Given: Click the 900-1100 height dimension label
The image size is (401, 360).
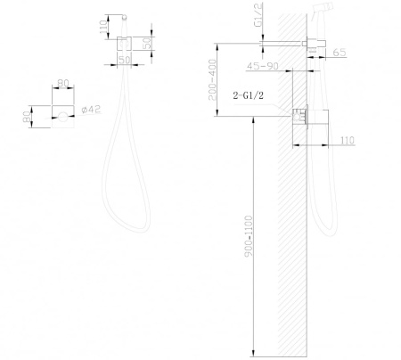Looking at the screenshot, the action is pos(249,236).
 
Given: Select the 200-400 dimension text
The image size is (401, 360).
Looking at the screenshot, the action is pos(213,79).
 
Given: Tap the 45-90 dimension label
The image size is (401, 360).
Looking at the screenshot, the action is pos(262,66).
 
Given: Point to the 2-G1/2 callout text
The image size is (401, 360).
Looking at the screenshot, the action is pos(248,95).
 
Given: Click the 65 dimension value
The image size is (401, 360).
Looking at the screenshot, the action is pos(340,53).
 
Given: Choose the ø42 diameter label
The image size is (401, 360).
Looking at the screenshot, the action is pos(92,110).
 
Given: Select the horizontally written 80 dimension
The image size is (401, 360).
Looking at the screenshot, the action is pos(63,83).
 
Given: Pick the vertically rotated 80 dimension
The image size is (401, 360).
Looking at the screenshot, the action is pos(27,117).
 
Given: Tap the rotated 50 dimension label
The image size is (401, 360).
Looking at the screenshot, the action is pos(147,43).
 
